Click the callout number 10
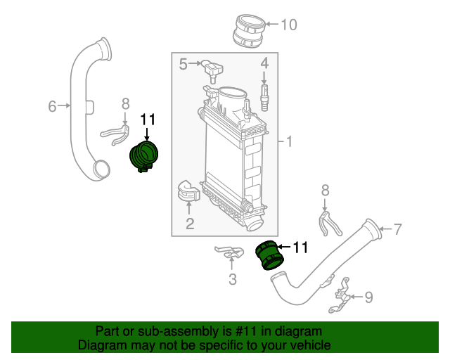pos(289,25)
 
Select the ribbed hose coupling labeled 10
pos(248,31)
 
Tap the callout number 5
pos(183,64)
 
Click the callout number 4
pos(264,63)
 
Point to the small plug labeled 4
pos(264,97)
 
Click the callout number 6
pos(52,106)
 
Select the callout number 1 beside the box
pos(289,141)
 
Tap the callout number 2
pos(190,224)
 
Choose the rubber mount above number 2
pos(188,191)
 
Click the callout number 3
pos(233,279)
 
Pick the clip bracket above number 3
pos(230,252)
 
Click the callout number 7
pos(397,229)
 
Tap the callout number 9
pos(368,297)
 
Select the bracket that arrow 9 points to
pos(340,295)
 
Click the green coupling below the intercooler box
pos(270,255)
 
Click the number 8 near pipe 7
pos(325,191)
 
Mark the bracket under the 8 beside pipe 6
pos(115,135)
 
